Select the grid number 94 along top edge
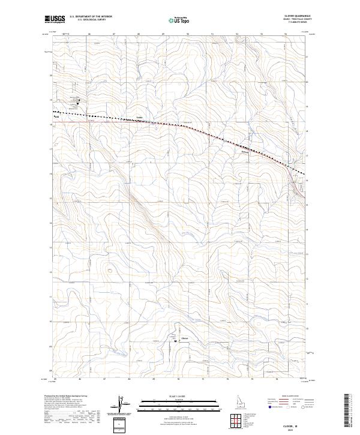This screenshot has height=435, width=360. pyautogui.click(x=286, y=35)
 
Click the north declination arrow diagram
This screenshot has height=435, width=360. pyautogui.click(x=120, y=405)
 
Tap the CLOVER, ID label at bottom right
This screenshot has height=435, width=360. pyautogui.click(x=294, y=423)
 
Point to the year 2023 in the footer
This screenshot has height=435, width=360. pyautogui.click(x=294, y=428)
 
